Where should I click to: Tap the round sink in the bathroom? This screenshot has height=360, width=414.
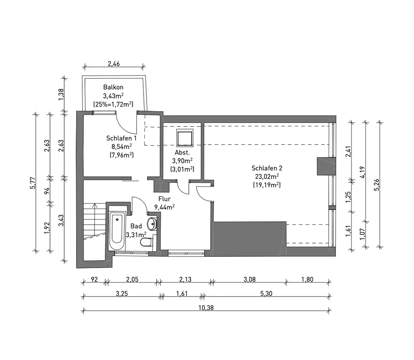tap(152, 224)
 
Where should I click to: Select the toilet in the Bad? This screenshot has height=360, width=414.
tap(147, 242)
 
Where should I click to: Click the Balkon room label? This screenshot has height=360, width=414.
tap(113, 87)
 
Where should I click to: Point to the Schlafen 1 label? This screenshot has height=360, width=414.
tap(121, 138)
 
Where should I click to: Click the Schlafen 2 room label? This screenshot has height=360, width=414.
tap(267, 168)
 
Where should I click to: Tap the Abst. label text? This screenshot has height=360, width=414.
tap(182, 152)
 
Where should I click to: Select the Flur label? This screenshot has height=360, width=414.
tap(164, 199)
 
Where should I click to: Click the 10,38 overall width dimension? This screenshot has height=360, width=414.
tap(206, 308)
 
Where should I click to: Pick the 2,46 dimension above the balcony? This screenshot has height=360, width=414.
tap(114, 64)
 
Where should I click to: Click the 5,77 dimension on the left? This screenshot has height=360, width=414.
tap(33, 183)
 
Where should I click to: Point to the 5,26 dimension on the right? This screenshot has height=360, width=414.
tap(377, 185)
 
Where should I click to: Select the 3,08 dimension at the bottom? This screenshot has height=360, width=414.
tap(250, 279)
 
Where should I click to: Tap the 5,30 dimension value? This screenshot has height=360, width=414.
tap(266, 293)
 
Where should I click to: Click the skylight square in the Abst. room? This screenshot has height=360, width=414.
tap(185, 138)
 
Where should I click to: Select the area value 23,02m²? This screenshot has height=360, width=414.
tap(267, 176)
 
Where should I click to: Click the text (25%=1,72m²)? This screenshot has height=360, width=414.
tap(113, 104)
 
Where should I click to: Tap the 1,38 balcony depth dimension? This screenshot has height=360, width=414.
tap(61, 94)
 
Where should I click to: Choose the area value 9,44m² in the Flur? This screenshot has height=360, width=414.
tap(164, 207)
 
